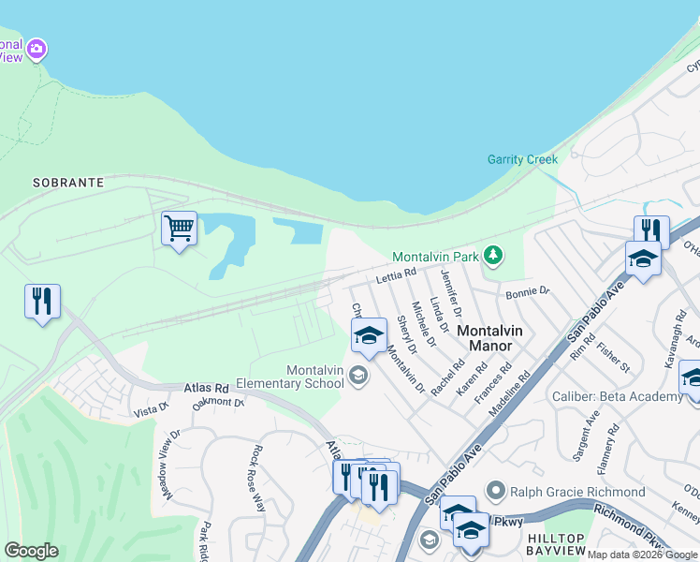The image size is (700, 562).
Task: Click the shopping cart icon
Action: tap(179, 228)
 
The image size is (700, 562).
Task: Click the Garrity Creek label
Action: tap(522, 159)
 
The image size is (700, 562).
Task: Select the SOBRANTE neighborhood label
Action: tap(67, 183)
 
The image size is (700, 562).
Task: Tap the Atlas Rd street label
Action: tap(206, 387)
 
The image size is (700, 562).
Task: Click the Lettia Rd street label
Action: tap(395, 276)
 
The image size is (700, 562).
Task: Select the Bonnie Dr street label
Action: tap(528, 293)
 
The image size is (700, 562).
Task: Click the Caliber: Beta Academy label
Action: tap(617, 397)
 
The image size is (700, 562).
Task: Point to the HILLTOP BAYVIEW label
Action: tap(555, 543)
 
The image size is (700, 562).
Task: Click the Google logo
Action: tap(31, 551)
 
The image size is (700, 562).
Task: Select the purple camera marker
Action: tap(36, 48)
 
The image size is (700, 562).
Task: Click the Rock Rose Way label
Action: tap(259, 478)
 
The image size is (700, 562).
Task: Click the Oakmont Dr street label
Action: tap(217, 403)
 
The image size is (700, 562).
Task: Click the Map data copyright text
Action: tap(642, 555)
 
